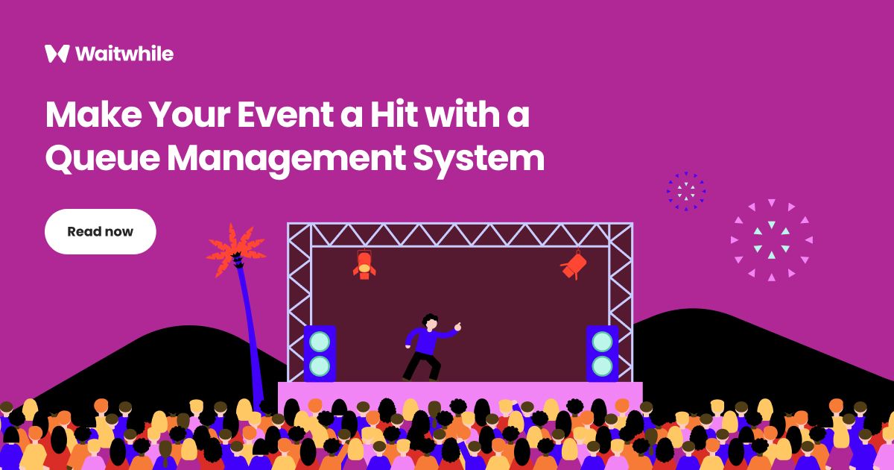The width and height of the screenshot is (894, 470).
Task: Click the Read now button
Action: (x=100, y=231)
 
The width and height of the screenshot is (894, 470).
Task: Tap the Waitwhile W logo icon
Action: (x=57, y=54)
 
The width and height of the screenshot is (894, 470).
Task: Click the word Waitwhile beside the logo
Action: (x=124, y=54)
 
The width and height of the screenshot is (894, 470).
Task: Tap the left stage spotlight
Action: (x=364, y=264)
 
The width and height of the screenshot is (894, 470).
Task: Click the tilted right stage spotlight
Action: (x=574, y=266)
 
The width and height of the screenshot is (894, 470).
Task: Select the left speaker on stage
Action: (x=320, y=354)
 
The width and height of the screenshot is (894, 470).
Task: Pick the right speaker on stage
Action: (x=602, y=354)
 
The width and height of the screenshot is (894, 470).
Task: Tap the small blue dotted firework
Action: (x=685, y=191)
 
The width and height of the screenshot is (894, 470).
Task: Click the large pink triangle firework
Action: (x=771, y=239)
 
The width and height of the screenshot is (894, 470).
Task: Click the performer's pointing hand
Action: (x=457, y=326)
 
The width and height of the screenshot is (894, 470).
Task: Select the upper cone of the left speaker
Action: (x=320, y=342)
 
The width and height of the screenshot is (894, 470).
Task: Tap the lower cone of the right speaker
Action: (x=602, y=366)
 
